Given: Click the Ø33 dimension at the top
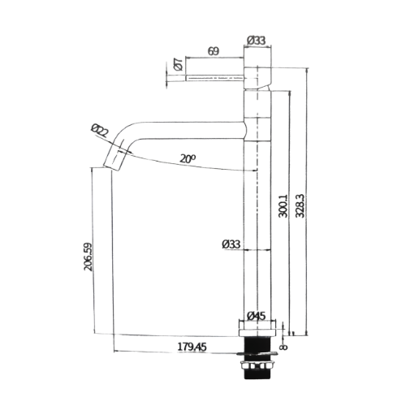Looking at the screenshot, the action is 257,41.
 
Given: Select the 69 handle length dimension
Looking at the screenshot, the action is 214,51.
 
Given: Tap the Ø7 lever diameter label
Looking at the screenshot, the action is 179,64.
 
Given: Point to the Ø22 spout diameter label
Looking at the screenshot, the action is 100,131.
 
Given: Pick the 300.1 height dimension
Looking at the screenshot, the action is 283,205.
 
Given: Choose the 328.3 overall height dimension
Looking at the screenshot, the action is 300,205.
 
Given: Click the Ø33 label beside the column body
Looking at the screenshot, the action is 231,244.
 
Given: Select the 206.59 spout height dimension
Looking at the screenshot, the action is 89,257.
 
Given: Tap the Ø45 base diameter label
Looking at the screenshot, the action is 257,316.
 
